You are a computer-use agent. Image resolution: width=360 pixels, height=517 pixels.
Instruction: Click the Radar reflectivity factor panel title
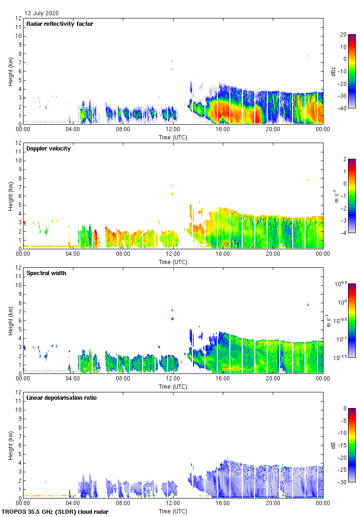coord(60,24)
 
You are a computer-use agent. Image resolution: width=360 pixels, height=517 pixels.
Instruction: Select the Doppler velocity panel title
coord(48,149)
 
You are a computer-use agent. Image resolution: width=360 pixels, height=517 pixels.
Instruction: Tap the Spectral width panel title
coord(46,273)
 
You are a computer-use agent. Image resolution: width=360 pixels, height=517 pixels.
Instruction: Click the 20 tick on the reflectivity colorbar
coord(343,35)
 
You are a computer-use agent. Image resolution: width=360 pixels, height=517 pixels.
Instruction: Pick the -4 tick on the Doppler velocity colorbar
coord(343,233)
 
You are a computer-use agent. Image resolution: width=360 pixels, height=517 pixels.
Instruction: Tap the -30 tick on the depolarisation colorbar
coord(345,482)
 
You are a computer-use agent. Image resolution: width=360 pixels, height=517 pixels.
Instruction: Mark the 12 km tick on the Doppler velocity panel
coord(18,143)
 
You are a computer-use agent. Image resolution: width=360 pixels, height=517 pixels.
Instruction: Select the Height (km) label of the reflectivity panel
coord(10,72)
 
